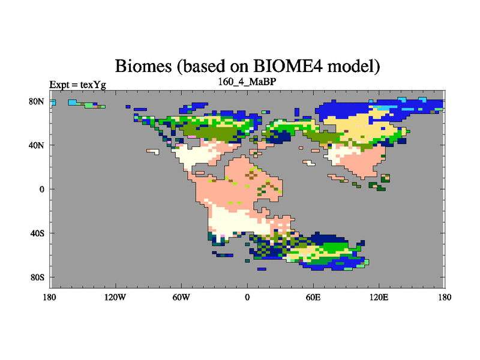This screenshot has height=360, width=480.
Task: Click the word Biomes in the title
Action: pos(143,66)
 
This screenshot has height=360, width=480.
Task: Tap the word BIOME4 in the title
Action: pos(288,65)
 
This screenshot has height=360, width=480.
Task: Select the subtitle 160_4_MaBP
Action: pos(247,82)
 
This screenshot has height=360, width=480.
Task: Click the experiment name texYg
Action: pos(93,85)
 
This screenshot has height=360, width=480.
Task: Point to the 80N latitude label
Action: pos(37,101)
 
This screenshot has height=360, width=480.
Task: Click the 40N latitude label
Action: pos(37,145)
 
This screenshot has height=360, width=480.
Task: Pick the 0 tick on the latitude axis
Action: pos(41,189)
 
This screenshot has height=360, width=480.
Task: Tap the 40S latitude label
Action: pos(37,233)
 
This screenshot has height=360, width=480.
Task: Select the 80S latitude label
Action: pos(37,277)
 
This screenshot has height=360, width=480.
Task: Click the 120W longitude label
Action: pos(115,297)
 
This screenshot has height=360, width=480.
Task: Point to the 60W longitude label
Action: pos(181,297)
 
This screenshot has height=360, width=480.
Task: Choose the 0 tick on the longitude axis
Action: pos(247,297)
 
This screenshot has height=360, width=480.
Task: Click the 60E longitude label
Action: pos(313,297)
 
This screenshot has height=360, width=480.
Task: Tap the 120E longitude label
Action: pos(379,297)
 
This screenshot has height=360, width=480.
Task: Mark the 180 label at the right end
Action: pos(445,297)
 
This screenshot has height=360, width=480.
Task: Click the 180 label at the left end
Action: pos(50,297)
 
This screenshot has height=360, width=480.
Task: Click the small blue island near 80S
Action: pos(262,269)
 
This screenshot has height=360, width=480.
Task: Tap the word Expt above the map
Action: pos(59,85)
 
